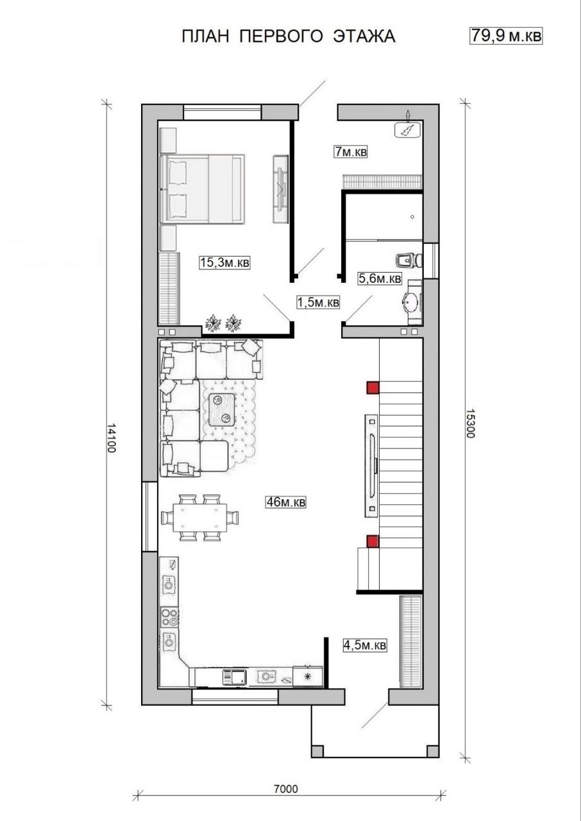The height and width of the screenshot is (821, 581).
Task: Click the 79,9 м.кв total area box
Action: (x=506, y=36)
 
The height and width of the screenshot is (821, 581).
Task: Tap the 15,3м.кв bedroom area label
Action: (x=224, y=262)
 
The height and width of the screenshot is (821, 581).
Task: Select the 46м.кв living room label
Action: (x=285, y=502)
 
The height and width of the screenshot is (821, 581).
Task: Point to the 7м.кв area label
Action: (x=351, y=151)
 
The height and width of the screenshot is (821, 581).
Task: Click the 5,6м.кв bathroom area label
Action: (x=380, y=278)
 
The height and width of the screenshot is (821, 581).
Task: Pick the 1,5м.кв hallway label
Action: (x=318, y=302)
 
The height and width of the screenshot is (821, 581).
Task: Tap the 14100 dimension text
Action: (x=112, y=438)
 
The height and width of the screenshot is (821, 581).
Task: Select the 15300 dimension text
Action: (x=471, y=424)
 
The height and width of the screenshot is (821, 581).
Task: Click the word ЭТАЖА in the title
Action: (x=364, y=37)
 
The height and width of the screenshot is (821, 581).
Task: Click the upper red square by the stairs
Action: (x=373, y=387)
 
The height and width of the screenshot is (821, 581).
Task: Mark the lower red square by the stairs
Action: (x=373, y=541)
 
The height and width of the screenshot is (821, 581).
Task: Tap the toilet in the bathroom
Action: (x=410, y=260)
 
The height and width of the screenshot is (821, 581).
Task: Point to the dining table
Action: (x=200, y=517)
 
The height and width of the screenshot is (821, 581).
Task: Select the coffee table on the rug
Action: (x=222, y=409)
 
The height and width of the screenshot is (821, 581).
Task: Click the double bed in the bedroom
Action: (x=203, y=189)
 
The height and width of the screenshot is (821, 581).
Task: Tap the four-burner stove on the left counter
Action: (x=169, y=616)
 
